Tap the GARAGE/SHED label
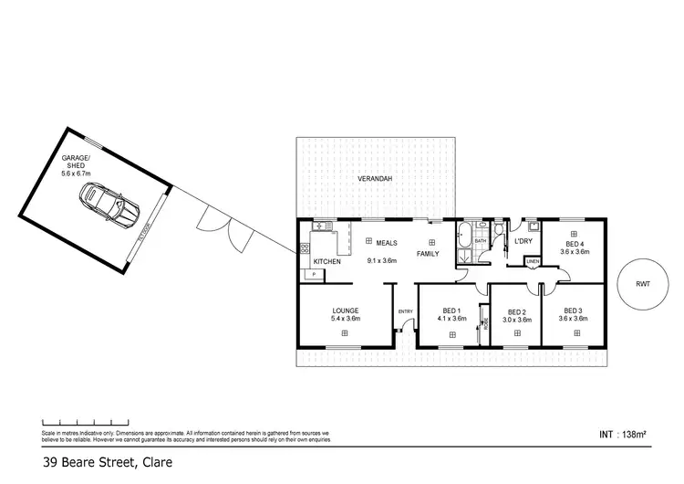tap(78, 164)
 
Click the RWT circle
tap(643, 284)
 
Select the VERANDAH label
tap(375, 180)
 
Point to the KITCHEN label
tap(326, 262)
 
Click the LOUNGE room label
tap(345, 310)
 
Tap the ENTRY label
tap(406, 312)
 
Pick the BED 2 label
tap(517, 311)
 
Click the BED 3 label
tap(573, 310)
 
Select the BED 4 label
tap(574, 245)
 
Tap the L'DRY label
tap(523, 241)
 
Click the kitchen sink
tap(320, 227)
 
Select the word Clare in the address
tap(154, 463)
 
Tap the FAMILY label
tap(429, 253)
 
